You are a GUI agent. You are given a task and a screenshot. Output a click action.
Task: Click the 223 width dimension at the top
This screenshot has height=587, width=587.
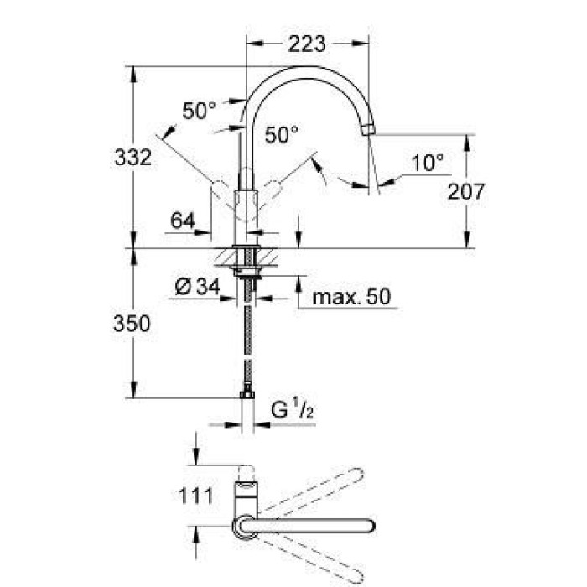tap(306, 44)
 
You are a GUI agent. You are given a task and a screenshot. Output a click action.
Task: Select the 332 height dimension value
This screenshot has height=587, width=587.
tap(133, 157)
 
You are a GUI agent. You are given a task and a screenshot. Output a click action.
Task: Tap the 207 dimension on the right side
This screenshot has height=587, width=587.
tap(466, 191)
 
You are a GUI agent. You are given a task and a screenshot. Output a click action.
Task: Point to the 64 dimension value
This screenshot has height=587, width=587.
tap(182, 221)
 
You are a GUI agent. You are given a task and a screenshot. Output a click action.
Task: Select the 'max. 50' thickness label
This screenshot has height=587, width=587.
tap(350, 297)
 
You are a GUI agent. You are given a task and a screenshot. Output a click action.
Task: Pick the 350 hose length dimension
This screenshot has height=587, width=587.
tap(133, 323)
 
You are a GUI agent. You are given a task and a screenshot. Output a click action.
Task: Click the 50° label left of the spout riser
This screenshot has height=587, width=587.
tap(200, 110)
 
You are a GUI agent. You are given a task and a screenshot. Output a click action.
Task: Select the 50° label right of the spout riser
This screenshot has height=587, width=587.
tap(282, 134)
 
